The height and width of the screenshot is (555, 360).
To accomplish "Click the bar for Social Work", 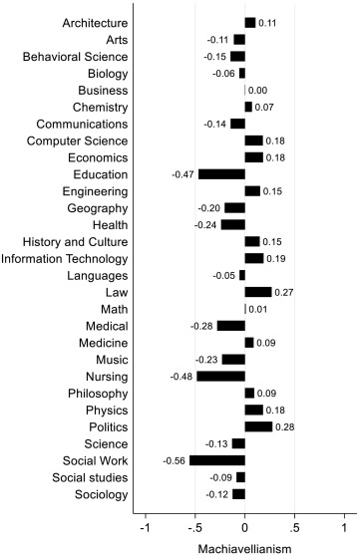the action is click(217, 460).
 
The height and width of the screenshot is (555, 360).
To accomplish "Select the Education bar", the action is click(221, 174).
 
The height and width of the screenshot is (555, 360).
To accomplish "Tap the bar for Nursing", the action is click(221, 377).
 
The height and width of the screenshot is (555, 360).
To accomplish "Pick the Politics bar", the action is click(258, 426).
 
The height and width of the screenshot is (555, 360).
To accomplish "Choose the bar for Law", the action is click(258, 292).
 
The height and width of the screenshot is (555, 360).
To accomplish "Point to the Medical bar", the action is click(231, 326).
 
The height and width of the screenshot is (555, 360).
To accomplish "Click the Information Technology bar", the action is click(254, 259).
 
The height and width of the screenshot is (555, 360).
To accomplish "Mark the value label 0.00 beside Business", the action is click(257, 91).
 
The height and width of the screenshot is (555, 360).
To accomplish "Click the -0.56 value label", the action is click(174, 461).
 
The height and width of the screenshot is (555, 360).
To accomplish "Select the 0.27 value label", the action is click(284, 293).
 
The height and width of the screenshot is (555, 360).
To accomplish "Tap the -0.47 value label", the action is click(182, 174).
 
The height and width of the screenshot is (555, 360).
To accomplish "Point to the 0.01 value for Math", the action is click(258, 309).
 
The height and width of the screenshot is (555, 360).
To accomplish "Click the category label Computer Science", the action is click(77, 140).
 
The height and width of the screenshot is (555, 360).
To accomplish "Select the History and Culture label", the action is click(75, 242).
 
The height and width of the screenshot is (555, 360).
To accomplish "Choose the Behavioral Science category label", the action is click(75, 57).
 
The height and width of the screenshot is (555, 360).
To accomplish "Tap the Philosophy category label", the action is click(98, 394).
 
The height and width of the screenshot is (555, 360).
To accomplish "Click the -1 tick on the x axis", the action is click(146, 528).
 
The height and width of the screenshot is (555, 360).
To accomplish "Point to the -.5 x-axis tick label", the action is click(194, 528).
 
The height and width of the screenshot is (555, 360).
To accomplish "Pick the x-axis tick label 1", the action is click(344, 528).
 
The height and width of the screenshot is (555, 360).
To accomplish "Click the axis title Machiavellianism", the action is click(245, 549).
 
